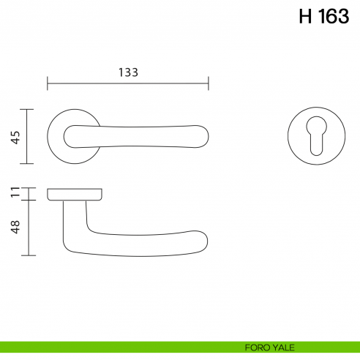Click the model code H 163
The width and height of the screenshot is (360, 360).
click(x=323, y=17)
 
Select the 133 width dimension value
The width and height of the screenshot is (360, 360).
click(x=128, y=72)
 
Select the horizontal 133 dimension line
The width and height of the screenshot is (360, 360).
click(x=128, y=83)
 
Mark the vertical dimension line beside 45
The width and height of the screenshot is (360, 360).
click(x=28, y=137)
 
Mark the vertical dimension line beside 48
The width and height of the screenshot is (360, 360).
click(x=28, y=228)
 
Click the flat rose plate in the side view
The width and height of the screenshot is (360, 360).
click(x=75, y=194)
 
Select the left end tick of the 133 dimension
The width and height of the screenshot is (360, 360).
click(x=48, y=83)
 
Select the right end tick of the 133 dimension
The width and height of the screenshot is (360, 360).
click(x=209, y=83)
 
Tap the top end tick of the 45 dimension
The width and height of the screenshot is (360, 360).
click(x=28, y=110)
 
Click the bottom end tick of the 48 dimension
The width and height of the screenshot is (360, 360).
click(x=28, y=255)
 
